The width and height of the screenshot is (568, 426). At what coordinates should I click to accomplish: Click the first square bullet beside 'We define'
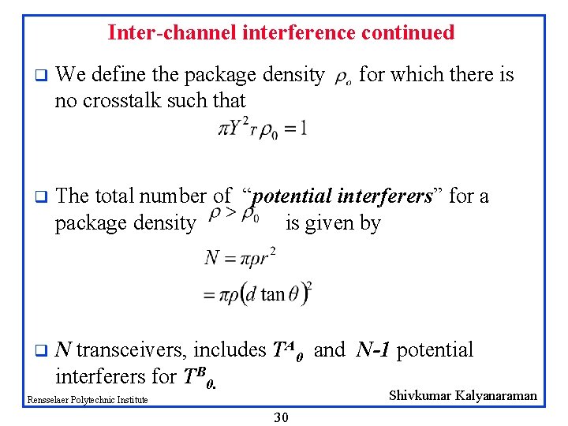click(x=38, y=77)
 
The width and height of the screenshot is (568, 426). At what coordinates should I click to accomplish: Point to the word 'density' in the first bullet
click(x=292, y=75)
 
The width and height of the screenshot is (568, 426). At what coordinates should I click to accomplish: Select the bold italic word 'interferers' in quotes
click(x=387, y=196)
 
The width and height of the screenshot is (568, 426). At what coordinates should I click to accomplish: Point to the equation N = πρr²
click(x=238, y=257)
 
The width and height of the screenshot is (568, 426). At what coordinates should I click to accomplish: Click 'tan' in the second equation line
click(x=273, y=294)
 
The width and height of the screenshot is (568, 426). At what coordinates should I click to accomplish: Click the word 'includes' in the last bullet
click(x=230, y=349)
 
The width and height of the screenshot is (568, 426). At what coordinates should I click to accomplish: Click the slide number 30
click(x=282, y=417)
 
